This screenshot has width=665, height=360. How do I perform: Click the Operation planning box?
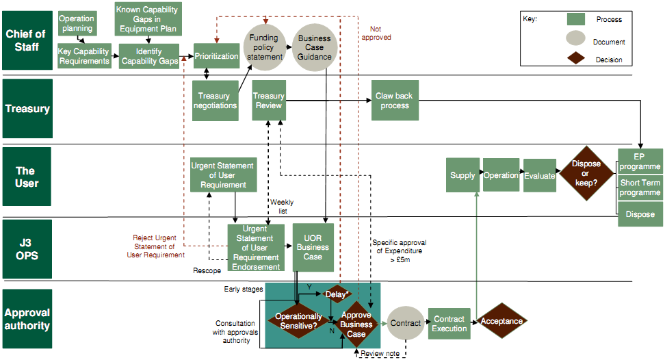pos(77,24)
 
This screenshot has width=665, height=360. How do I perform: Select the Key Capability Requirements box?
pos(84,56)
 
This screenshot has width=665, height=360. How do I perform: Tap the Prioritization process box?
pos(216,56)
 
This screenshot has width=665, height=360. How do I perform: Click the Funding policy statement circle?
pos(264,47)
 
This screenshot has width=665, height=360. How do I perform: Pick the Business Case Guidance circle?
pos(314,47)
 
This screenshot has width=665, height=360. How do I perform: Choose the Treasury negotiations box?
pos(216,101)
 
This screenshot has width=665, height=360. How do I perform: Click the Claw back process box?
pos(394,101)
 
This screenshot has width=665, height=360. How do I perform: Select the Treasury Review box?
pos(268,101)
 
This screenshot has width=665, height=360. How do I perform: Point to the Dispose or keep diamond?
pos(586,173)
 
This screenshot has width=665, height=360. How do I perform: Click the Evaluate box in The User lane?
pos(540,175)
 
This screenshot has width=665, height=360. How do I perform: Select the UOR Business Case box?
pos(313,247)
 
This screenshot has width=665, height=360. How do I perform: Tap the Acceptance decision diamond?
pos(501,321)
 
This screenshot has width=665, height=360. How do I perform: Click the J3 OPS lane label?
pos(27,249)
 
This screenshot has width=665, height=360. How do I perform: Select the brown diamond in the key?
pos(581,59)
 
